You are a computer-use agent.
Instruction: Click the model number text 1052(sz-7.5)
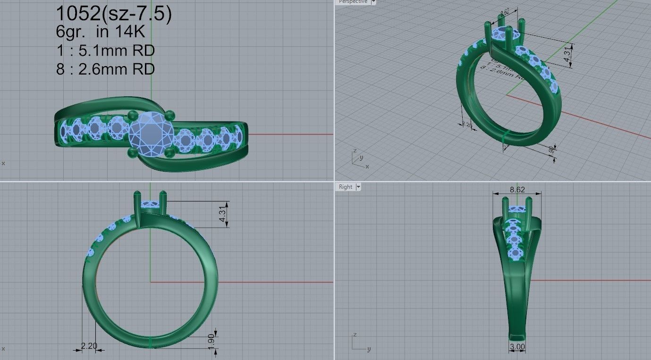click(113, 15)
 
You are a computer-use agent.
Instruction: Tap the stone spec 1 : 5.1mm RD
click(105, 50)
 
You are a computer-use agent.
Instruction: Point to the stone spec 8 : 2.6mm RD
click(105, 69)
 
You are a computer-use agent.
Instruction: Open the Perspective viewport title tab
click(354, 2)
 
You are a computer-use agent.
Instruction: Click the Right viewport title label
click(346, 187)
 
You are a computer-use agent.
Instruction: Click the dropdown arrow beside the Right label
click(358, 187)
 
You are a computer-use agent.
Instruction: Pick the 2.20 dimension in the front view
click(89, 346)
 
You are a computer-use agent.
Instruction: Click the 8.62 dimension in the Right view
click(517, 189)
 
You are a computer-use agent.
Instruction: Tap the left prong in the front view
click(137, 203)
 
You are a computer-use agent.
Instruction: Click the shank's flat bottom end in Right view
click(517, 337)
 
